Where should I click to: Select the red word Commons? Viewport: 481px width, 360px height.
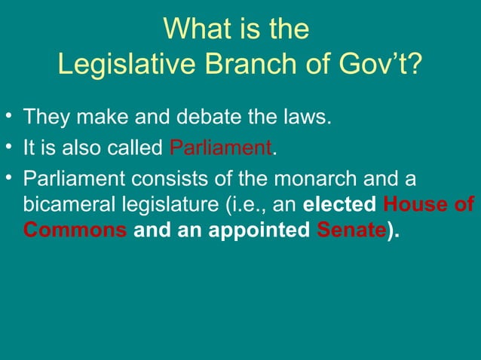coord(74,230)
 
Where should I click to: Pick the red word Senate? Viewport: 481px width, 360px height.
coord(348,230)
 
